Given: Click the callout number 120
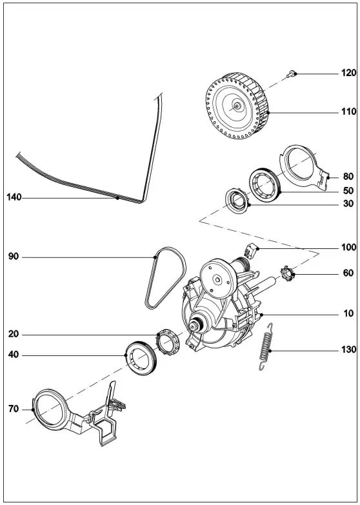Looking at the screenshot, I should point(348,74).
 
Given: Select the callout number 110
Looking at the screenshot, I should point(348,112).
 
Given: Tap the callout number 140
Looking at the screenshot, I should point(14,197).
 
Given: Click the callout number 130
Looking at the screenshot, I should point(348,350).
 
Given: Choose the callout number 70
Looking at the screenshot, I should point(12,409).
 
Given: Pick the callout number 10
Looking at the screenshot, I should point(348,313).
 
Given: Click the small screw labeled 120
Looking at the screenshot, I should point(292,75).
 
